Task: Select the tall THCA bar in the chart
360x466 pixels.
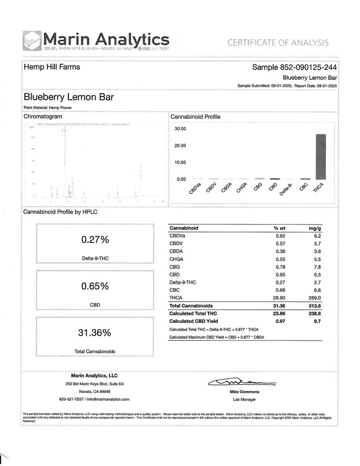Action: [x=321, y=156]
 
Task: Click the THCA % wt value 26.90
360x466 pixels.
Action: [x=282, y=298]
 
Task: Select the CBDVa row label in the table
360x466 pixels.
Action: [x=177, y=235]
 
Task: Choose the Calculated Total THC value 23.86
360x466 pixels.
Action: [x=282, y=314]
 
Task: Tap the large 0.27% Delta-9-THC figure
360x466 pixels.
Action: [x=95, y=240]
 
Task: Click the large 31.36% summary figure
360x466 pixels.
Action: [x=95, y=333]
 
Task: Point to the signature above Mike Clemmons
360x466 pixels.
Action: [x=236, y=383]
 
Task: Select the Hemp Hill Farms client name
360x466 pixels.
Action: [x=52, y=67]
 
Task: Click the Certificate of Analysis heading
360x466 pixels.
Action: [x=278, y=43]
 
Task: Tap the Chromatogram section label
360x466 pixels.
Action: [x=43, y=116]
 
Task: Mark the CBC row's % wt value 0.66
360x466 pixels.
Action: [x=282, y=290]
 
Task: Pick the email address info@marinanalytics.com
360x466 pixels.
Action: [x=107, y=399]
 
